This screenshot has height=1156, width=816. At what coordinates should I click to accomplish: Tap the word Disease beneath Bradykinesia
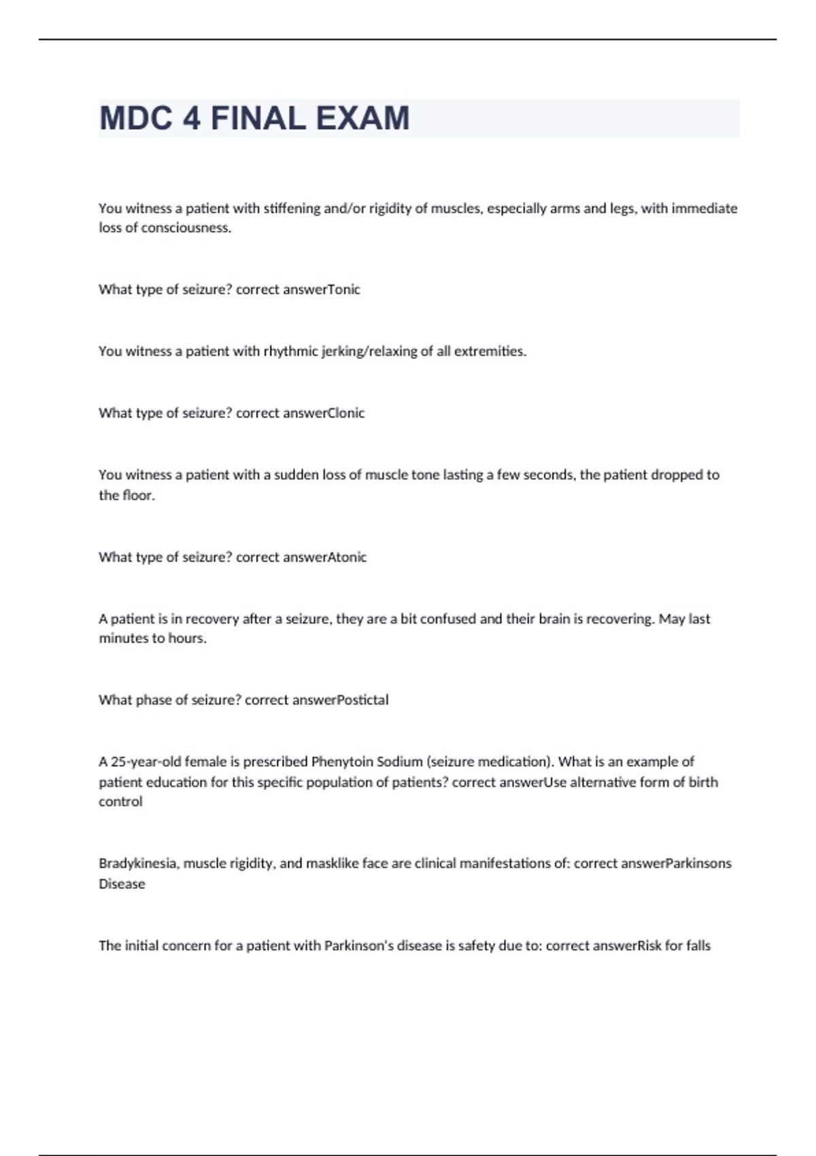pos(122,884)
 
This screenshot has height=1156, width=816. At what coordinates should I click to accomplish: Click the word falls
pos(696,946)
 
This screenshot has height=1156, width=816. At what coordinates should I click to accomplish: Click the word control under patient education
pos(121,802)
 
